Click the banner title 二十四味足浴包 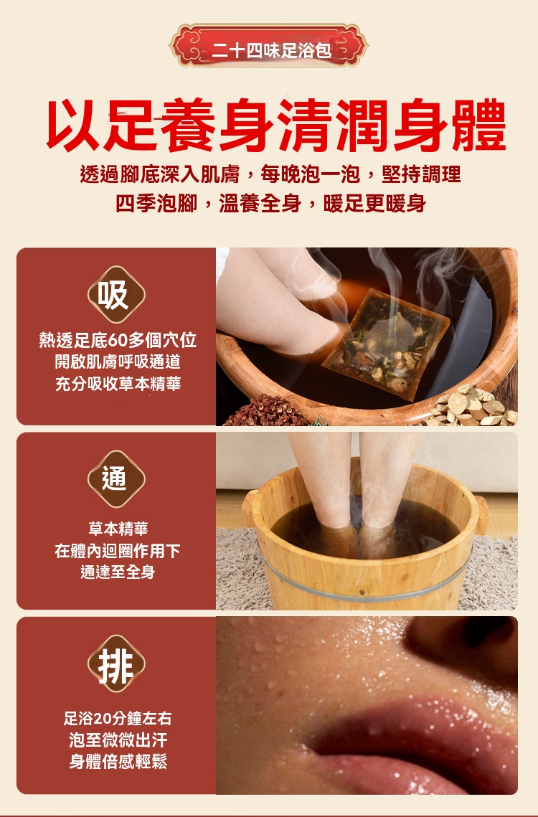pyautogui.click(x=272, y=50)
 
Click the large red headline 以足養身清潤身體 pyautogui.click(x=276, y=125)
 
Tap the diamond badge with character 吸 pyautogui.click(x=115, y=294)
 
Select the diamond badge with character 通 pyautogui.click(x=115, y=478)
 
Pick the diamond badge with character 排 pyautogui.click(x=115, y=663)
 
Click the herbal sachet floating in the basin pyautogui.click(x=386, y=344)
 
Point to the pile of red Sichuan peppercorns pyautogui.click(x=266, y=411)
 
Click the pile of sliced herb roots pyautogui.click(x=473, y=407)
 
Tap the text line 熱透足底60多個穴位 pyautogui.click(x=118, y=340)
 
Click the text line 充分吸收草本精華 pyautogui.click(x=118, y=384)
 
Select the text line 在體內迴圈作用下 pyautogui.click(x=118, y=550)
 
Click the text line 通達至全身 pyautogui.click(x=118, y=572)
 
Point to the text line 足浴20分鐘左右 pyautogui.click(x=118, y=719)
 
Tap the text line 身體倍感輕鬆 pyautogui.click(x=118, y=761)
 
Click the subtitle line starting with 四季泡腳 pyautogui.click(x=270, y=203)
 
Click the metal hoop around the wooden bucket pyautogui.click(x=365, y=590)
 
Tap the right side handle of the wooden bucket pyautogui.click(x=481, y=514)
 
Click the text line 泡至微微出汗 pyautogui.click(x=118, y=740)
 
